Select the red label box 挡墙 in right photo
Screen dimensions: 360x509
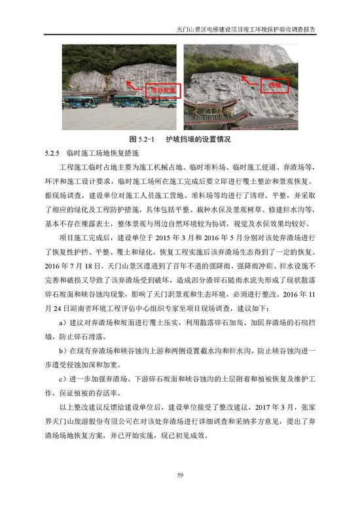[x=272, y=85]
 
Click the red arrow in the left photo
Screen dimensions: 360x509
[x=134, y=85]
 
